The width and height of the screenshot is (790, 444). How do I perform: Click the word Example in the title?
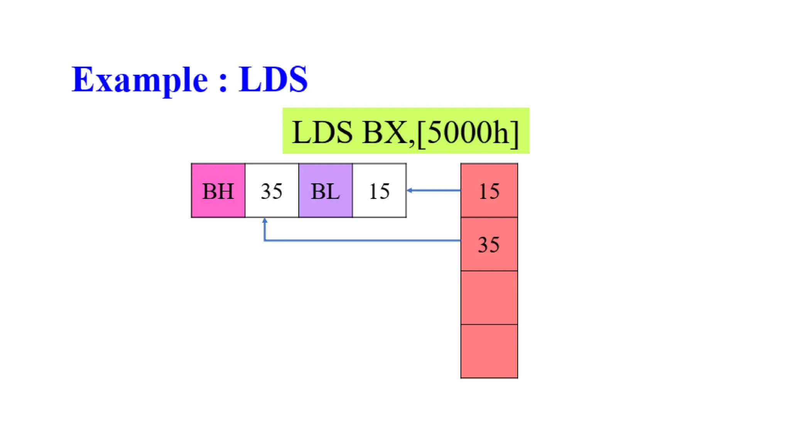[x=140, y=79]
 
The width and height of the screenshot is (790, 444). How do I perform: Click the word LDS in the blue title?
[x=273, y=79]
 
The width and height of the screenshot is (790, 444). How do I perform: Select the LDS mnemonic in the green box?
[x=322, y=132]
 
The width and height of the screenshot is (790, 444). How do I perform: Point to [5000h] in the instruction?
[x=468, y=132]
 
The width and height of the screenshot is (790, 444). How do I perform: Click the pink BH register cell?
[x=218, y=191]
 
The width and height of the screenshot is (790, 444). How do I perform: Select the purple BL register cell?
[x=325, y=191]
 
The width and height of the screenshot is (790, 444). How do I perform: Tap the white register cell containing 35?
[x=272, y=191]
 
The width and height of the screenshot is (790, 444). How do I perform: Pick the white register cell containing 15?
[x=379, y=191]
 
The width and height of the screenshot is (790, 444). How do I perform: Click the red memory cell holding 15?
[x=489, y=190]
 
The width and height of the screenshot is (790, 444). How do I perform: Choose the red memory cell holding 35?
[x=489, y=244]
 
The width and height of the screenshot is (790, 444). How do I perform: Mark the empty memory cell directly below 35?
[x=489, y=298]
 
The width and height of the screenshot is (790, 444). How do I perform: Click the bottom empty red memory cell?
[x=489, y=351]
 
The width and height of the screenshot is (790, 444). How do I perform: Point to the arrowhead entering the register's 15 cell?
[x=410, y=190]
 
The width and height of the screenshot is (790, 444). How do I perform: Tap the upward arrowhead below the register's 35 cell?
[x=265, y=220]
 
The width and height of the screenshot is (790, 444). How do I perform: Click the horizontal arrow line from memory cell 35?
[x=363, y=240]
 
